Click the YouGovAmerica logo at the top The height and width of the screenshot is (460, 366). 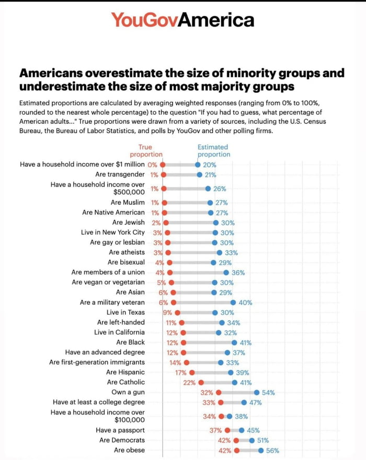click(x=182, y=20)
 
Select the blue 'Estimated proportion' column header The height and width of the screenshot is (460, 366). click(x=213, y=151)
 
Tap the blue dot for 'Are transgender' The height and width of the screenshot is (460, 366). click(x=200, y=175)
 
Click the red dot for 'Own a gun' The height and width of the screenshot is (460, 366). click(x=219, y=392)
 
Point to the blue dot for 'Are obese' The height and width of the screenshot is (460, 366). click(x=260, y=450)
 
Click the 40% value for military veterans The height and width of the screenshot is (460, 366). click(x=245, y=302)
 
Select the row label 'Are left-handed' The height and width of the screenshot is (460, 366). click(x=121, y=322)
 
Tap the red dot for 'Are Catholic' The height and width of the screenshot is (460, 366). click(x=201, y=382)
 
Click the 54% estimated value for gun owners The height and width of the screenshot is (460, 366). click(x=268, y=392)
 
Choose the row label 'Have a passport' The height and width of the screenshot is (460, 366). click(x=120, y=430)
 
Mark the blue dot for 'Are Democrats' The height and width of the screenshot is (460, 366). click(x=252, y=440)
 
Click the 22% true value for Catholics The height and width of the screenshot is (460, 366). click(x=189, y=382)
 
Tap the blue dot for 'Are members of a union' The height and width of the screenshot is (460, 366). click(x=226, y=273)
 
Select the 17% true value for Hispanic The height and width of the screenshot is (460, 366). click(x=181, y=372)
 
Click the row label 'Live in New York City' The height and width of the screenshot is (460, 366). click(x=113, y=232)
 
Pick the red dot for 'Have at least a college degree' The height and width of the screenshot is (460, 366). click(x=221, y=402)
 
